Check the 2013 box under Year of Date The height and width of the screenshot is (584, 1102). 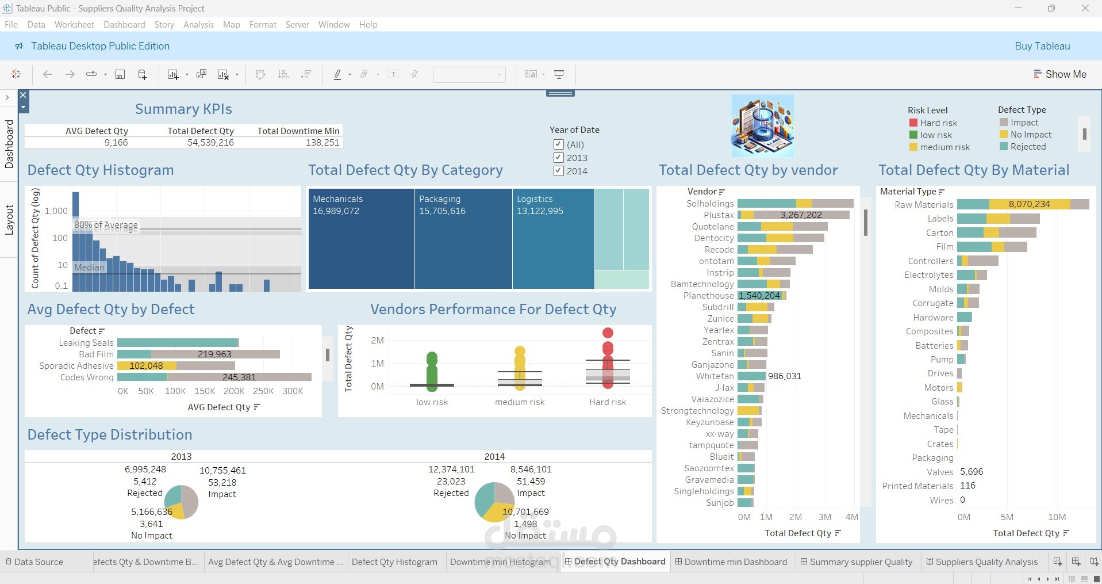pos(558,158)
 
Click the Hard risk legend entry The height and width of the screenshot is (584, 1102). pos(938,123)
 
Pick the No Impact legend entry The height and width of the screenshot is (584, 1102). pos(1030,135)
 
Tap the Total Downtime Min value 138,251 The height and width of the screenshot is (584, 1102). pos(322,142)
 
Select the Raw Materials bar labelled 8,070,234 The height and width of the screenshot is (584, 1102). pos(1029,204)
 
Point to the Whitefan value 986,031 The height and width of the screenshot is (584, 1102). pos(784,376)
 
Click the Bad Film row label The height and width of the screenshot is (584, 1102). pos(96,354)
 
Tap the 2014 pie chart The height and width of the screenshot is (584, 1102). pos(494,502)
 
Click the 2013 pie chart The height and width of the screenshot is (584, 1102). pos(182,502)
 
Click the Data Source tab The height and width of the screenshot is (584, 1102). pos(38,562)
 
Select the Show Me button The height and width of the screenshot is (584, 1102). pos(1060,74)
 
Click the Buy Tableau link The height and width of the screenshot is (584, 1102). pos(1042,46)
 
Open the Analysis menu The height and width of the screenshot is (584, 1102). pos(198,25)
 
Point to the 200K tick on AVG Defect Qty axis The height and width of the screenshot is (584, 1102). pos(234,391)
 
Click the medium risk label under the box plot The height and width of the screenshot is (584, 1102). pos(520,402)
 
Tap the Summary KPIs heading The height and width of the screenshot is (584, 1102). pos(183,109)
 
